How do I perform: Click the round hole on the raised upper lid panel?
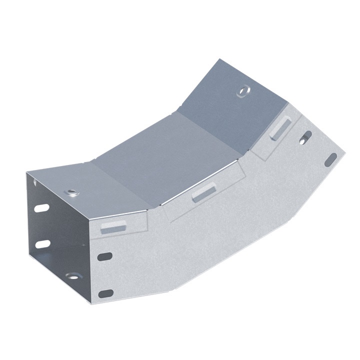(243, 91)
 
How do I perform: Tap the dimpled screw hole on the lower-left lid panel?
(72, 192)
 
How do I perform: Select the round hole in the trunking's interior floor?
(73, 276)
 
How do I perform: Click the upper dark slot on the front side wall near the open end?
(104, 257)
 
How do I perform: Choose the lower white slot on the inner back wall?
(43, 244)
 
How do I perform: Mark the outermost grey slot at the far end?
(330, 160)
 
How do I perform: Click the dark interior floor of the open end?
(60, 265)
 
